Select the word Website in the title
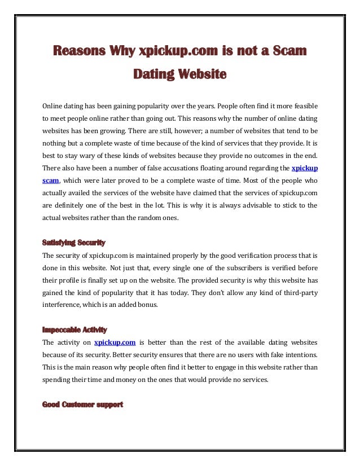pos(201,74)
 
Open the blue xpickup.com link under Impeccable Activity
pos(115,342)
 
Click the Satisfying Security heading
pos(74,243)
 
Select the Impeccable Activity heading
pos(75,329)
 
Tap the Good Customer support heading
pos(83,404)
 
